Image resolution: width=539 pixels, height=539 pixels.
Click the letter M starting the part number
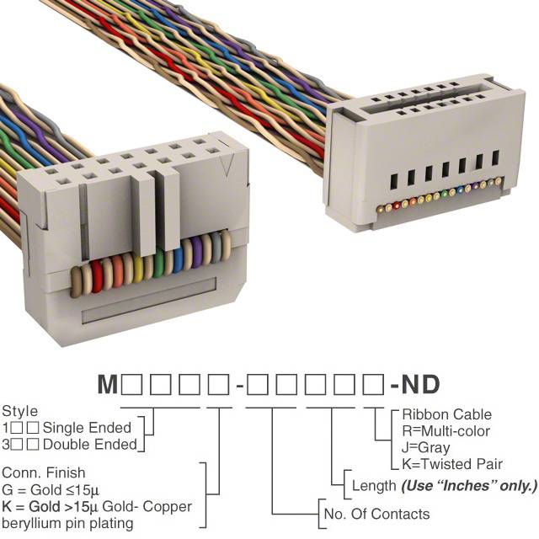(108, 384)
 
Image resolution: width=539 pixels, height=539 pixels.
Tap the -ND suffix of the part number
(415, 384)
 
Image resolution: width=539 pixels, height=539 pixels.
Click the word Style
(20, 412)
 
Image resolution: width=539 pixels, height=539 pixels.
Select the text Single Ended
(87, 428)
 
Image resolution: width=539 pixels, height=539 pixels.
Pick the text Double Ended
(90, 445)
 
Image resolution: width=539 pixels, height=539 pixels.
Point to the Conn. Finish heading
(44, 472)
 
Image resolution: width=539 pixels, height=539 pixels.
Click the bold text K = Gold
(31, 506)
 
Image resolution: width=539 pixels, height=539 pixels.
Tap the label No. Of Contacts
(376, 514)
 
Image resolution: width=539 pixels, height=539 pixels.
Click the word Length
(374, 486)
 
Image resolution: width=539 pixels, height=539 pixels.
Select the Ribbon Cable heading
(447, 414)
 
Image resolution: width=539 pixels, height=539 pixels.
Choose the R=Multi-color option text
(446, 431)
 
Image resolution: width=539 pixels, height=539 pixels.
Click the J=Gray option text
(425, 447)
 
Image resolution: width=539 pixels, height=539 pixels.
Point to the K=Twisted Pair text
(452, 464)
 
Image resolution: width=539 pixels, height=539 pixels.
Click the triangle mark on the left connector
(227, 164)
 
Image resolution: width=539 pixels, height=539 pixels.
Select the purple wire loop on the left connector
(196, 252)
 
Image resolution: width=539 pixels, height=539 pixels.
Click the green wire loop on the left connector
(158, 262)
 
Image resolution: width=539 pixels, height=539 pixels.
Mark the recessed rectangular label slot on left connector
(149, 301)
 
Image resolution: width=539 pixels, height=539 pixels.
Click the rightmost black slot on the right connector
(495, 157)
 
